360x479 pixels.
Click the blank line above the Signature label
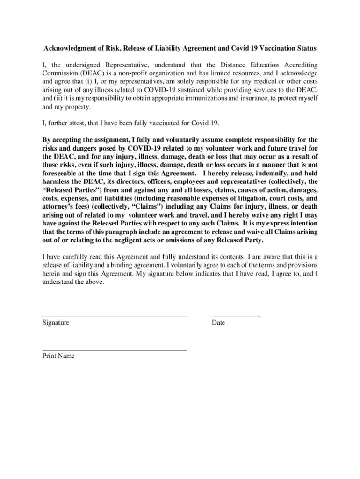pos(115,317)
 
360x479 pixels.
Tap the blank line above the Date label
pos(236,317)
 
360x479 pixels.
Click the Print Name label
pos(58,356)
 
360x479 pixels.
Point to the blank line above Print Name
pos(115,350)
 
